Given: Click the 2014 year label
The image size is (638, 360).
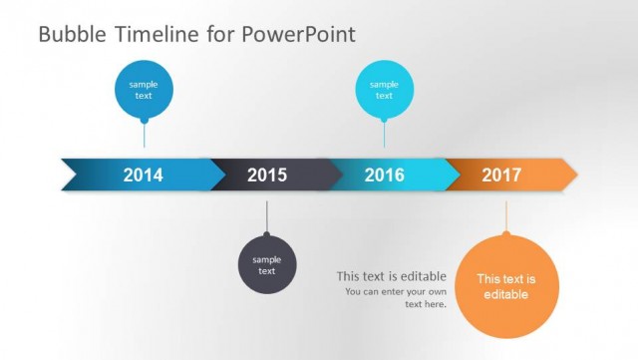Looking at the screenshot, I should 143,176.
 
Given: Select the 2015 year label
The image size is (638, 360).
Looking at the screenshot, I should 267,176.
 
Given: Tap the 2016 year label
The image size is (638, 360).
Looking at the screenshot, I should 384,176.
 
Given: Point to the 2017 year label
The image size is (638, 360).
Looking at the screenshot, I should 501,176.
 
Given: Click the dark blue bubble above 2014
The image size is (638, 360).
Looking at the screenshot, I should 144,90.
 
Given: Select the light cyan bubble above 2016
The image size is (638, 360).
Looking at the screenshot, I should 385,90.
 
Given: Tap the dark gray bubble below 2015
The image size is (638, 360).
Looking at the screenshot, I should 266,265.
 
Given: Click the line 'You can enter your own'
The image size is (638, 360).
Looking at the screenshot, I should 396,291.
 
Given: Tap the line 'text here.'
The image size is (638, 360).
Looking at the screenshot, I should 426,304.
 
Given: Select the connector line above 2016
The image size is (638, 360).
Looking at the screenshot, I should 385,135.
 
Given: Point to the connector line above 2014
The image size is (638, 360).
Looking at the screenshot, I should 144,135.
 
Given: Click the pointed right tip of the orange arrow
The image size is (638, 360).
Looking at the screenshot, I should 573,175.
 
